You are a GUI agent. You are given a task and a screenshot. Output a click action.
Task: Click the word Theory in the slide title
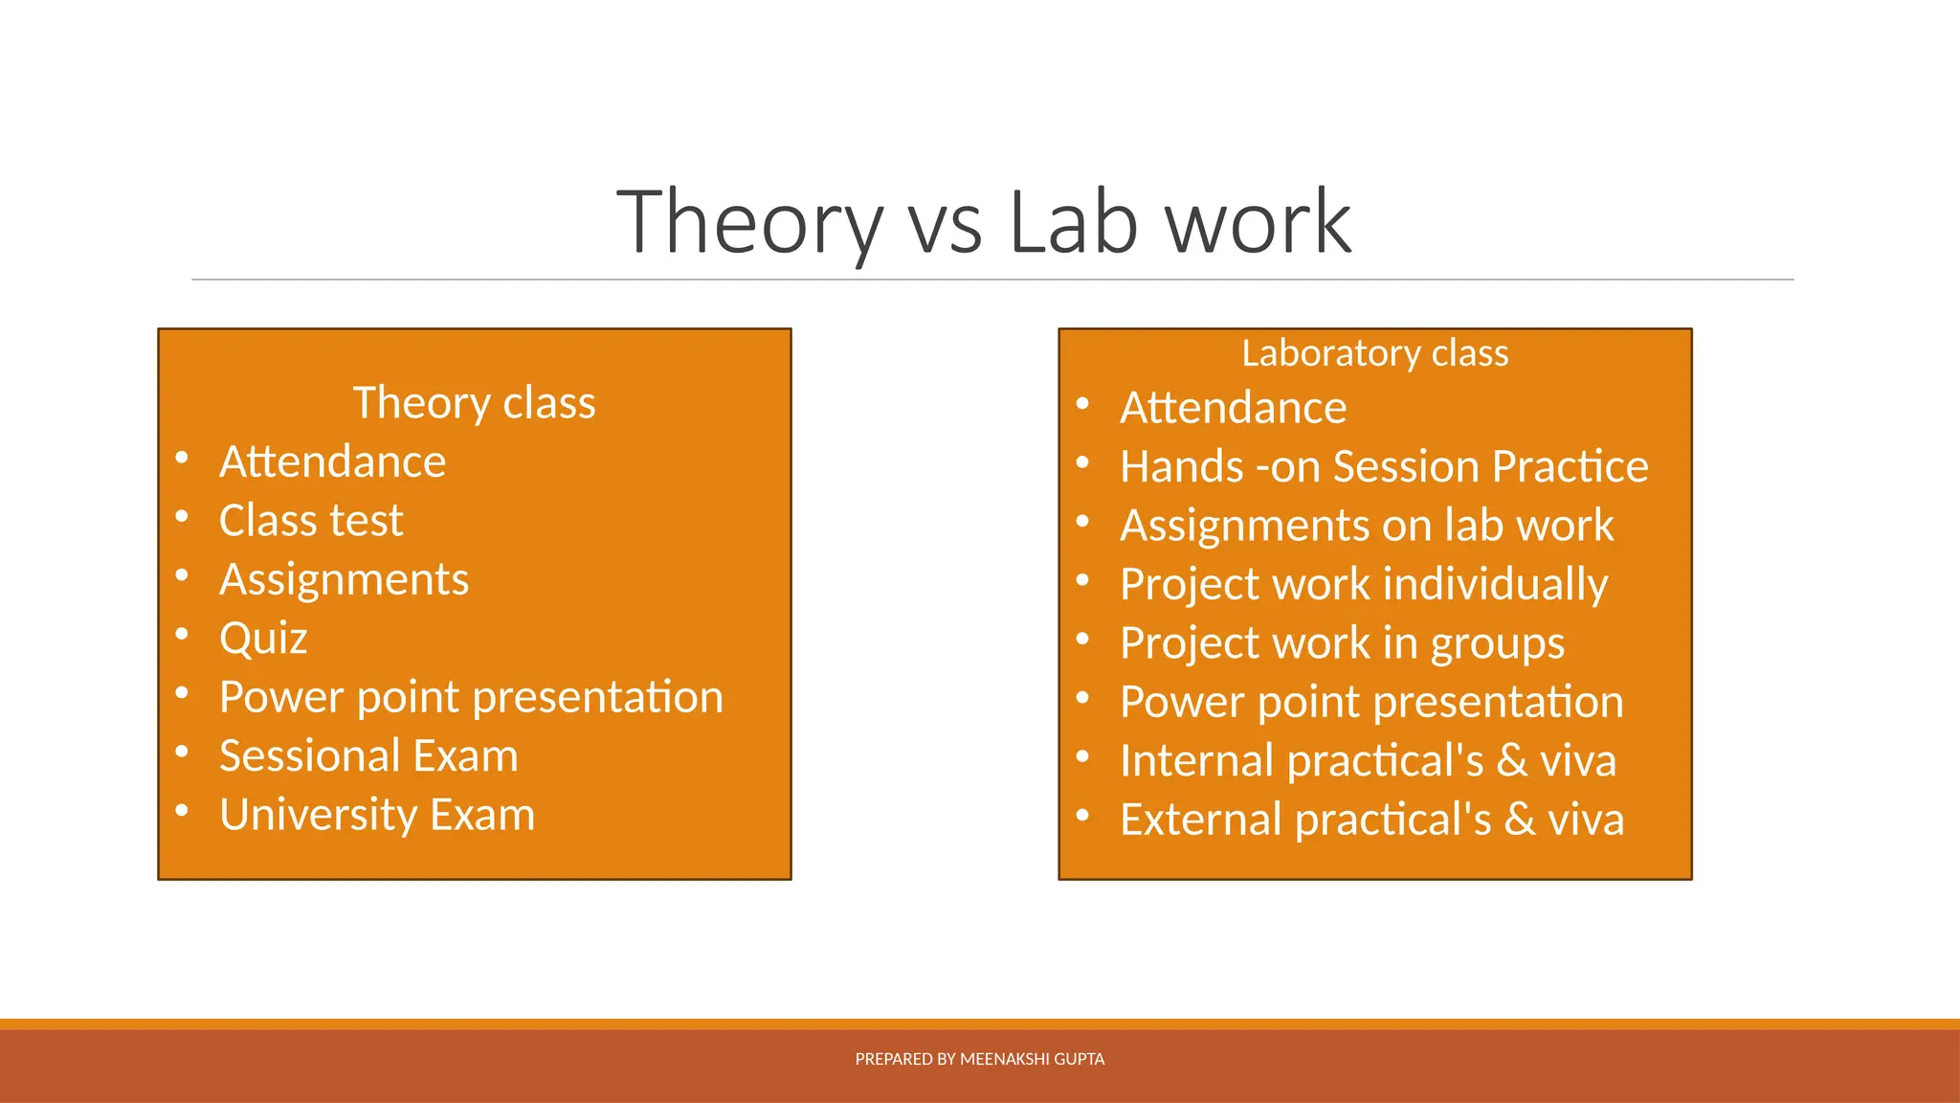pyautogui.click(x=749, y=223)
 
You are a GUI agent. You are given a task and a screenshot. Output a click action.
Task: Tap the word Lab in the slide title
pyautogui.click(x=1073, y=223)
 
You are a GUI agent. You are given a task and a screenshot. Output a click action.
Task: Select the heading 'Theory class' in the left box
pyautogui.click(x=474, y=403)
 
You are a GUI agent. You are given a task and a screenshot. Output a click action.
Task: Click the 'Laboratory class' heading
pyautogui.click(x=1374, y=353)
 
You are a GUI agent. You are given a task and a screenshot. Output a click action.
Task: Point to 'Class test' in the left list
pyautogui.click(x=311, y=521)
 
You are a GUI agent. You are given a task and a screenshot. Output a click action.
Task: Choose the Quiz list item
pyautogui.click(x=263, y=639)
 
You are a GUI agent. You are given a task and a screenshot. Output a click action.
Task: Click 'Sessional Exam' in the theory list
pyautogui.click(x=368, y=756)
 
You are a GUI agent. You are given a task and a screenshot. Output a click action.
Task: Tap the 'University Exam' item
pyautogui.click(x=377, y=815)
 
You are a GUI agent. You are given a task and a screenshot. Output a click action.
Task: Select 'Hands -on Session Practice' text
pyautogui.click(x=1384, y=467)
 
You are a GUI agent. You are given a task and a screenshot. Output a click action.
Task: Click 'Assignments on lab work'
pyautogui.click(x=1367, y=526)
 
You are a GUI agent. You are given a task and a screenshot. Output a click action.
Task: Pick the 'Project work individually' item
pyautogui.click(x=1364, y=584)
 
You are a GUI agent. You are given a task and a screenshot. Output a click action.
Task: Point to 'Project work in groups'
pyautogui.click(x=1342, y=643)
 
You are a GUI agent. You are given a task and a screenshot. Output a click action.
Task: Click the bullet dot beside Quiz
pyautogui.click(x=182, y=634)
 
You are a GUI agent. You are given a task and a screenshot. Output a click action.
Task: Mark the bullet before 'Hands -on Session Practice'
pyautogui.click(x=1082, y=462)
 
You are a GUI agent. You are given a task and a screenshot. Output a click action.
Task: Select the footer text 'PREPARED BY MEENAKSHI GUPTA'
pyautogui.click(x=979, y=1059)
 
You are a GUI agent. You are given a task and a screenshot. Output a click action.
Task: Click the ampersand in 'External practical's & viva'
pyautogui.click(x=1520, y=820)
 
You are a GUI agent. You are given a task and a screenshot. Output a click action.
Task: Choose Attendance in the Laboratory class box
pyautogui.click(x=1233, y=408)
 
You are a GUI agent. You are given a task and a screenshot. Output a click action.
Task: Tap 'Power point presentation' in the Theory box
pyautogui.click(x=471, y=697)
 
